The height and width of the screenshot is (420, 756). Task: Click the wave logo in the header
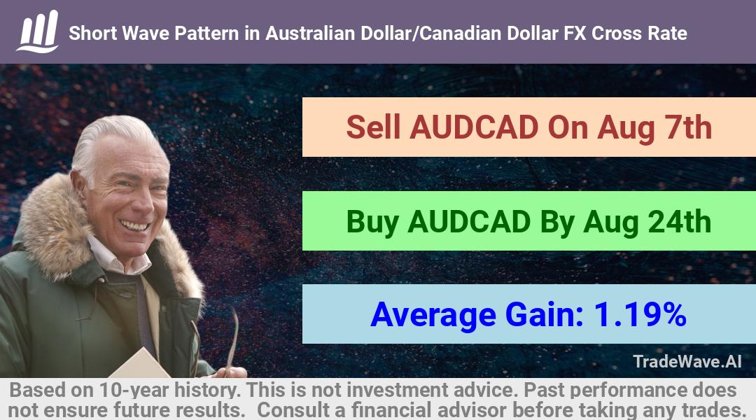tap(38, 31)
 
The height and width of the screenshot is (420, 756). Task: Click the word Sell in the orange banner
tap(373, 127)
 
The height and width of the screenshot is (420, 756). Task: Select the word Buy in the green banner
tap(372, 222)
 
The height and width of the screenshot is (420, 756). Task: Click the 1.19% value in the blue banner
tap(640, 314)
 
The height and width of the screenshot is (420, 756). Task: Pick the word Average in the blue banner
tap(433, 315)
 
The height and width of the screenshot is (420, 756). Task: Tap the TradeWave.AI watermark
tap(687, 361)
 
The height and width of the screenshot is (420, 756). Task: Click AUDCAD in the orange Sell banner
tap(474, 127)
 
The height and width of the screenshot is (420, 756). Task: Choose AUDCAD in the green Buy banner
tap(469, 221)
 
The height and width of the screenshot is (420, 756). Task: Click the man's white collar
tap(118, 256)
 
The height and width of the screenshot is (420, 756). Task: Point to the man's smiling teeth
tap(134, 225)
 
